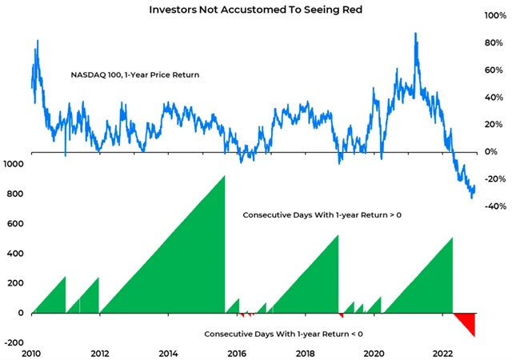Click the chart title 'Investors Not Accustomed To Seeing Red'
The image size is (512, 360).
(255, 10)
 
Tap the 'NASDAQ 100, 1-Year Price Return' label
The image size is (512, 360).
(135, 75)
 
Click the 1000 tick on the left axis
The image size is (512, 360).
(14, 164)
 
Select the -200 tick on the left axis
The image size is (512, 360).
(14, 342)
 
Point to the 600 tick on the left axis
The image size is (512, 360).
(14, 224)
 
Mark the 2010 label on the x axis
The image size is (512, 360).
(32, 353)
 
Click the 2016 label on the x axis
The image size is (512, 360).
(237, 353)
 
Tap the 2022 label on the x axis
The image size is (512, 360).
(441, 353)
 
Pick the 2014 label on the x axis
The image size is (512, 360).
(169, 353)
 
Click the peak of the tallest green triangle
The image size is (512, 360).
(224, 176)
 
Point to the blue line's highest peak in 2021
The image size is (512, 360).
(415, 34)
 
